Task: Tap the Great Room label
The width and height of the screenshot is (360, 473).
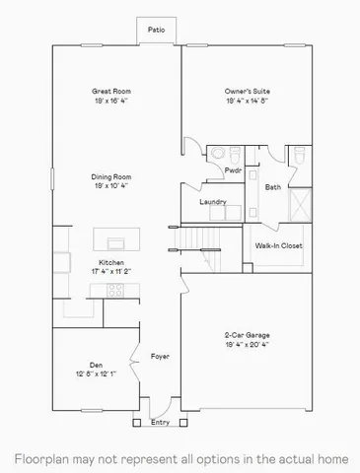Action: tap(111, 92)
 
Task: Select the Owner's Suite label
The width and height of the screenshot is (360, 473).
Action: tap(248, 92)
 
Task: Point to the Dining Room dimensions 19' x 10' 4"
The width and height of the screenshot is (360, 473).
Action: tap(111, 185)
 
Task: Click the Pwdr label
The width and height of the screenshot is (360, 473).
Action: tap(234, 169)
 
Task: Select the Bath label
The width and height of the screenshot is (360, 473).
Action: tap(273, 186)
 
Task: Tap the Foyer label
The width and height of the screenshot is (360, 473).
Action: tap(160, 355)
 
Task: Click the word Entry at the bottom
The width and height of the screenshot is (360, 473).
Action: tap(160, 424)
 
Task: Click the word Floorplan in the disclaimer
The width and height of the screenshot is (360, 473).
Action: tap(37, 458)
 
